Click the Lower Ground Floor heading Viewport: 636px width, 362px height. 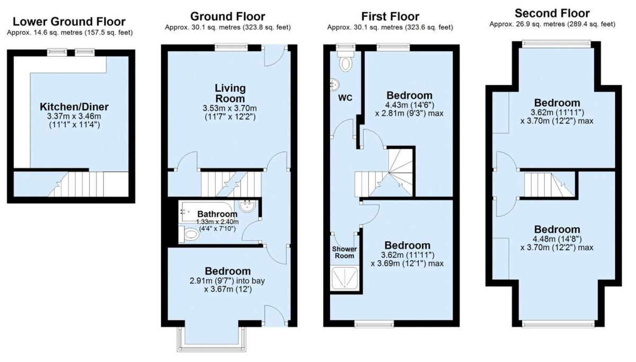tap(69, 22)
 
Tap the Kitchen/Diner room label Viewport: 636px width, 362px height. tap(74, 107)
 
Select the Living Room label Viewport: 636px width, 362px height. tap(230, 93)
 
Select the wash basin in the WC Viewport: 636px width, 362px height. tap(335, 85)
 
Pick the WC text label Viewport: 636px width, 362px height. tap(345, 98)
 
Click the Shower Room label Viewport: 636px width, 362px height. tap(344, 252)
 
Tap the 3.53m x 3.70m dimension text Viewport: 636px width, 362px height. tap(229, 108)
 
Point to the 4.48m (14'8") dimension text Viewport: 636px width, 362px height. tap(557, 239)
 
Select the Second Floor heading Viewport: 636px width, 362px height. tap(552, 13)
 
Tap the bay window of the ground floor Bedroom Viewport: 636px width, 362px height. tap(211, 339)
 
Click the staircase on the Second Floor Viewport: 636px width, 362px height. tap(550, 185)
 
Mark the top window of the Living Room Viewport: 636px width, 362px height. tap(231, 47)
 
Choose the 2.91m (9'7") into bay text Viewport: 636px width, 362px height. tap(227, 281)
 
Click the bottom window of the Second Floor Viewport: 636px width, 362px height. tap(558, 323)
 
